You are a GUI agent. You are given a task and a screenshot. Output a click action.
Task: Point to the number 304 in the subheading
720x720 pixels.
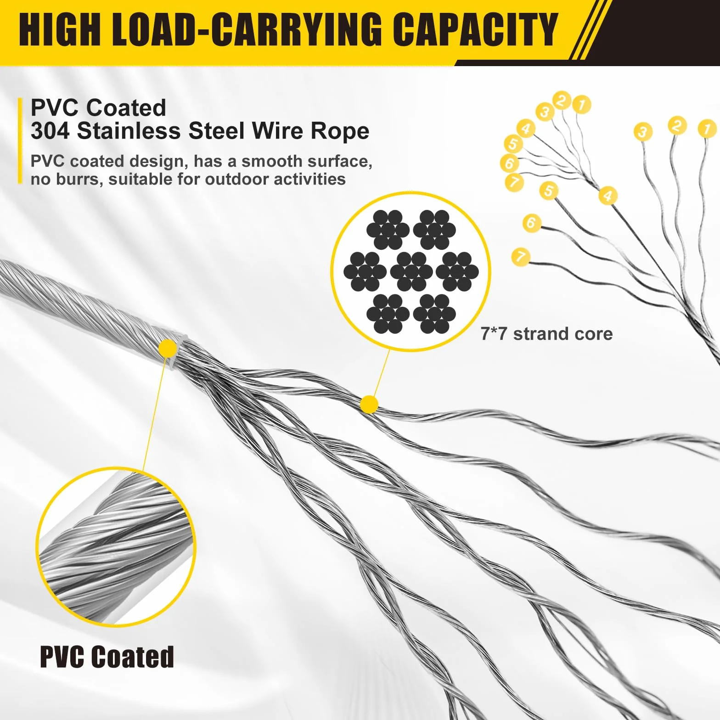50,131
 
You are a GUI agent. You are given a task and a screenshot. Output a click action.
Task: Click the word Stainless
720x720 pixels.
129,131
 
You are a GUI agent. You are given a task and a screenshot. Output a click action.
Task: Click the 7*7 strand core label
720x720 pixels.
546,334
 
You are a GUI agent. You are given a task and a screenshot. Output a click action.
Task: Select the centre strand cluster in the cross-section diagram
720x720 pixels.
411,271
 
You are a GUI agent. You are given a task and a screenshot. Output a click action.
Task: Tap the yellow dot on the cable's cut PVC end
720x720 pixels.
168,349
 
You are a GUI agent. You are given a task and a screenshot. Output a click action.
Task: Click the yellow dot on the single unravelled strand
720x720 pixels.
369,405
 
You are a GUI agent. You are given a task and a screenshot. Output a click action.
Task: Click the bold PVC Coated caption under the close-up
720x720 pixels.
107,657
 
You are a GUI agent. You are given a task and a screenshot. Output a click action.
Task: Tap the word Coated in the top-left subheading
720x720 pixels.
126,108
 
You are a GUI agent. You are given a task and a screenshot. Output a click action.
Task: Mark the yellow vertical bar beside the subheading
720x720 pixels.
20,141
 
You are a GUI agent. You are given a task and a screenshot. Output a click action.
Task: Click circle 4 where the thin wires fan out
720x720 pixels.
526,129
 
